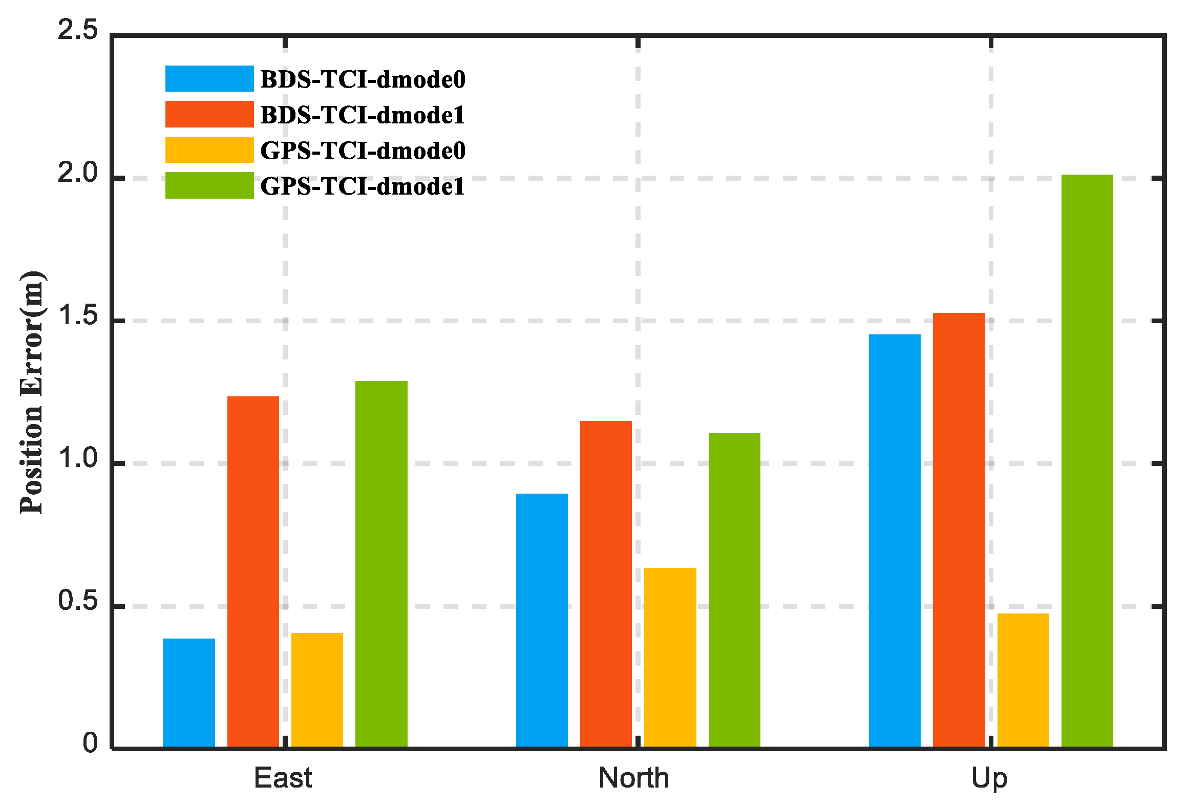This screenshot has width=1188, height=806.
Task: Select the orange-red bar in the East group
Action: pos(253,571)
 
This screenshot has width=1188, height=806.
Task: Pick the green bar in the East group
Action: pos(381,563)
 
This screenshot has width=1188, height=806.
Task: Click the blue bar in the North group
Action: pos(541,620)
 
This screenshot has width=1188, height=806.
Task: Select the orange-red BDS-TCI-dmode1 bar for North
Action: pos(606,584)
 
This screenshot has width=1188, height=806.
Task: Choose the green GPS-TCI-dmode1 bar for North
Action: pos(734,590)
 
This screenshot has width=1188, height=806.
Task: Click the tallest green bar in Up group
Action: pos(1087,461)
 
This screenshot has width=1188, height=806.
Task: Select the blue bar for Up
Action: pos(894,540)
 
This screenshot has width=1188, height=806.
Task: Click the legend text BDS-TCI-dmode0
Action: pos(363,79)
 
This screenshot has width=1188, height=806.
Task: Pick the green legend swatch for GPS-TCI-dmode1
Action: pos(209,185)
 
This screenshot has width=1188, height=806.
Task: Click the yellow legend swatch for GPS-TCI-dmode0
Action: pos(209,150)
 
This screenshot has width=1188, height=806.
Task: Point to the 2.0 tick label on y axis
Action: pos(77,173)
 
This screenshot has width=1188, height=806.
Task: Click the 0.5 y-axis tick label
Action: pos(77,600)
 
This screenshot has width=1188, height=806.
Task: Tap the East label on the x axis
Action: pos(283,778)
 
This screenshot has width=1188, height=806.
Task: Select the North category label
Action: pos(633,778)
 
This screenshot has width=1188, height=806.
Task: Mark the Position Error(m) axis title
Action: pos(32,392)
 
